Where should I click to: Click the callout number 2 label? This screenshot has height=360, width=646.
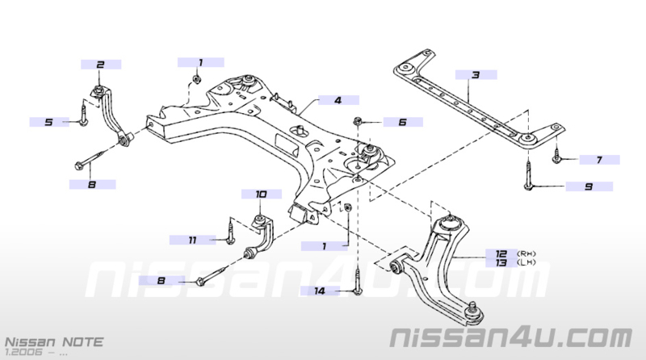(x=100, y=65)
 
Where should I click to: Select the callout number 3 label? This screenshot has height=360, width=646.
(x=476, y=75)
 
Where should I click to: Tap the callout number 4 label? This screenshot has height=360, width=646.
(x=338, y=100)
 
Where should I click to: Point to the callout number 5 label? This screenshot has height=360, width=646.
(x=49, y=122)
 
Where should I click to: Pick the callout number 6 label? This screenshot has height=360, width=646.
(x=403, y=122)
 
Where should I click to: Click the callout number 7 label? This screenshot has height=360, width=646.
(x=599, y=160)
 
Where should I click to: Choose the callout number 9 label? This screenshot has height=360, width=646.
(x=589, y=186)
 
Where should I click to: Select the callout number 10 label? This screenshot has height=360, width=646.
(x=261, y=194)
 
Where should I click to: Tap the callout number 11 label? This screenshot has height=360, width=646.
(x=192, y=240)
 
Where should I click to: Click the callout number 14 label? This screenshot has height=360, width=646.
(x=320, y=291)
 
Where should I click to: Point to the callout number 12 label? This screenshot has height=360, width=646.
(x=501, y=253)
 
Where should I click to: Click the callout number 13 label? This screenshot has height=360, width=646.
(x=501, y=262)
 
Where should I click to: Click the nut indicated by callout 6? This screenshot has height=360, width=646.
(x=357, y=122)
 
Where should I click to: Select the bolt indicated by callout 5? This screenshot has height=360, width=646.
(x=83, y=115)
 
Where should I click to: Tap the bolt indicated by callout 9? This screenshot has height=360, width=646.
(x=528, y=174)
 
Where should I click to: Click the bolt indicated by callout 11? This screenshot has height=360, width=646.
(x=230, y=232)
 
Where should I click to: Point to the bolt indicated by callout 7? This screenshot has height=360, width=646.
(x=556, y=155)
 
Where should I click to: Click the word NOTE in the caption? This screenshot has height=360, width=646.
(x=82, y=342)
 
